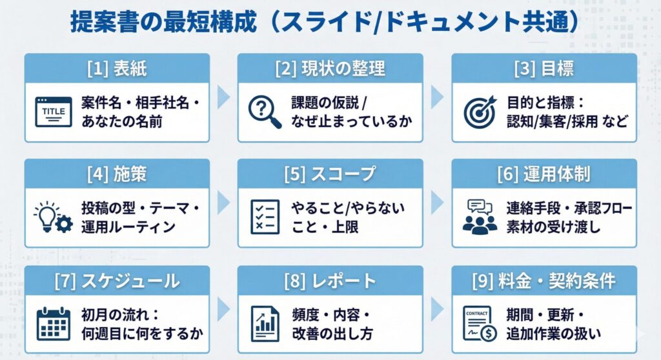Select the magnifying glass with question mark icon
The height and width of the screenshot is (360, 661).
[x=265, y=111]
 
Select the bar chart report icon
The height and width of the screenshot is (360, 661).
[x=265, y=323]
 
